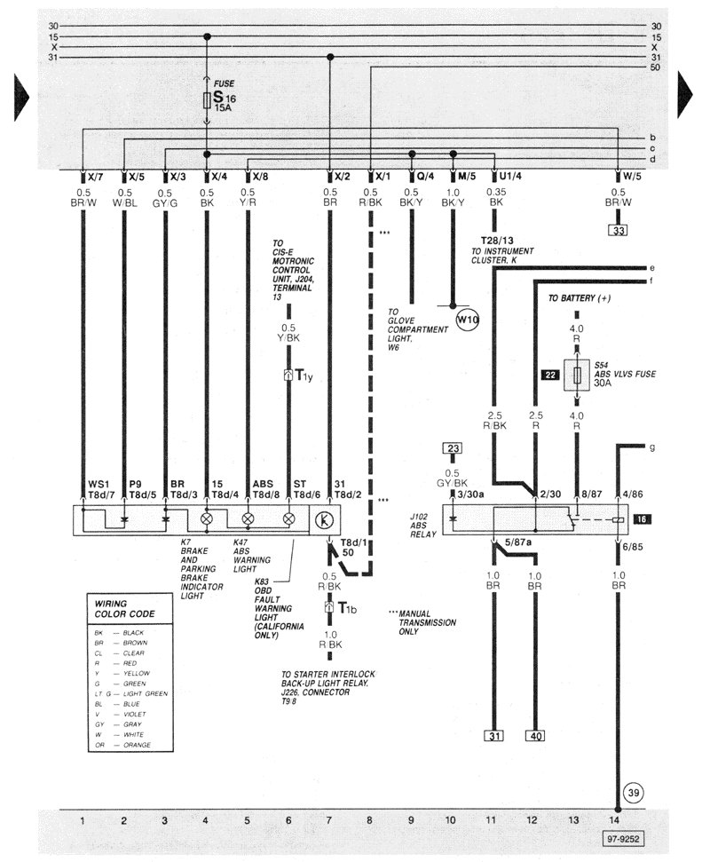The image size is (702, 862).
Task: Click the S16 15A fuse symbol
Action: click(x=207, y=99)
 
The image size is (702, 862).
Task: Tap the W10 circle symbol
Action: click(x=467, y=317)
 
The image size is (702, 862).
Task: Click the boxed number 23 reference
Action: click(x=453, y=449)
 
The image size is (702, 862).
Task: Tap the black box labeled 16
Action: click(x=643, y=518)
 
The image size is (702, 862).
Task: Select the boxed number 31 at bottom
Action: click(x=493, y=735)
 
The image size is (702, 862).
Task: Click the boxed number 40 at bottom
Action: click(x=535, y=735)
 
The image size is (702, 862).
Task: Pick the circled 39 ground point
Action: click(x=631, y=793)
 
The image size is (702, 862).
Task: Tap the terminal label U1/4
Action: click(x=510, y=176)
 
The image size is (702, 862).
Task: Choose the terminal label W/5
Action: click(x=630, y=176)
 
